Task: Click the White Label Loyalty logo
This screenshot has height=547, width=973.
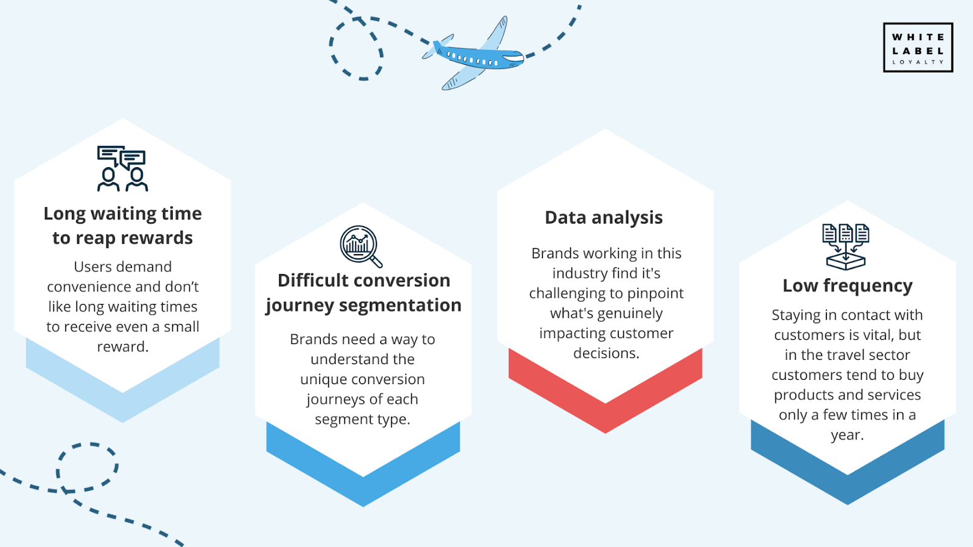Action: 918,47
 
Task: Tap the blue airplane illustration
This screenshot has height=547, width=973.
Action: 474,54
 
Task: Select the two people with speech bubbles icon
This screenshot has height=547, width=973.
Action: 122,168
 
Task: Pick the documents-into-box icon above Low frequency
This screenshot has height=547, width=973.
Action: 846,247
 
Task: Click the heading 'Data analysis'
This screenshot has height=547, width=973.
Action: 604,218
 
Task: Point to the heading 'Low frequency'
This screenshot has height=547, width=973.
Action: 848,286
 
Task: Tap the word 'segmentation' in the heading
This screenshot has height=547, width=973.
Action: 400,306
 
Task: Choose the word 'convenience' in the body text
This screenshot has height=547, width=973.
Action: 89,286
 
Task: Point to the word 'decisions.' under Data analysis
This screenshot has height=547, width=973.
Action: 606,353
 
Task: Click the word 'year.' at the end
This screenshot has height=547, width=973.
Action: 848,435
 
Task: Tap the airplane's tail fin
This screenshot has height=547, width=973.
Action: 437,44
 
